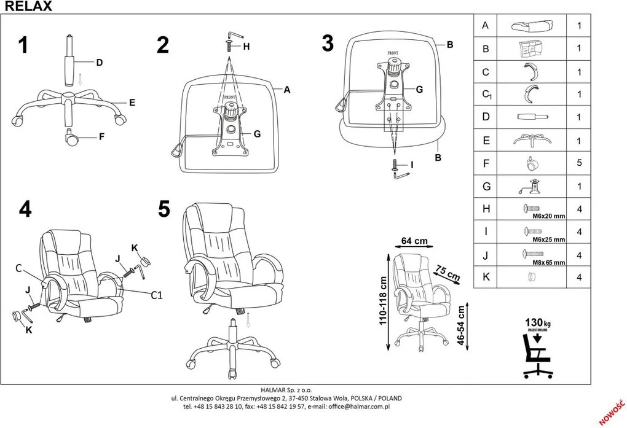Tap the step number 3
pyautogui.click(x=328, y=44)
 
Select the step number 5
pyautogui.click(x=164, y=209)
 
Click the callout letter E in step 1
pyautogui.click(x=132, y=103)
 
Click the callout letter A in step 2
pyautogui.click(x=286, y=90)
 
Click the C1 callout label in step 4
pyautogui.click(x=156, y=294)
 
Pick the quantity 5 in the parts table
pyautogui.click(x=579, y=164)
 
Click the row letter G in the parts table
pyautogui.click(x=486, y=187)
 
